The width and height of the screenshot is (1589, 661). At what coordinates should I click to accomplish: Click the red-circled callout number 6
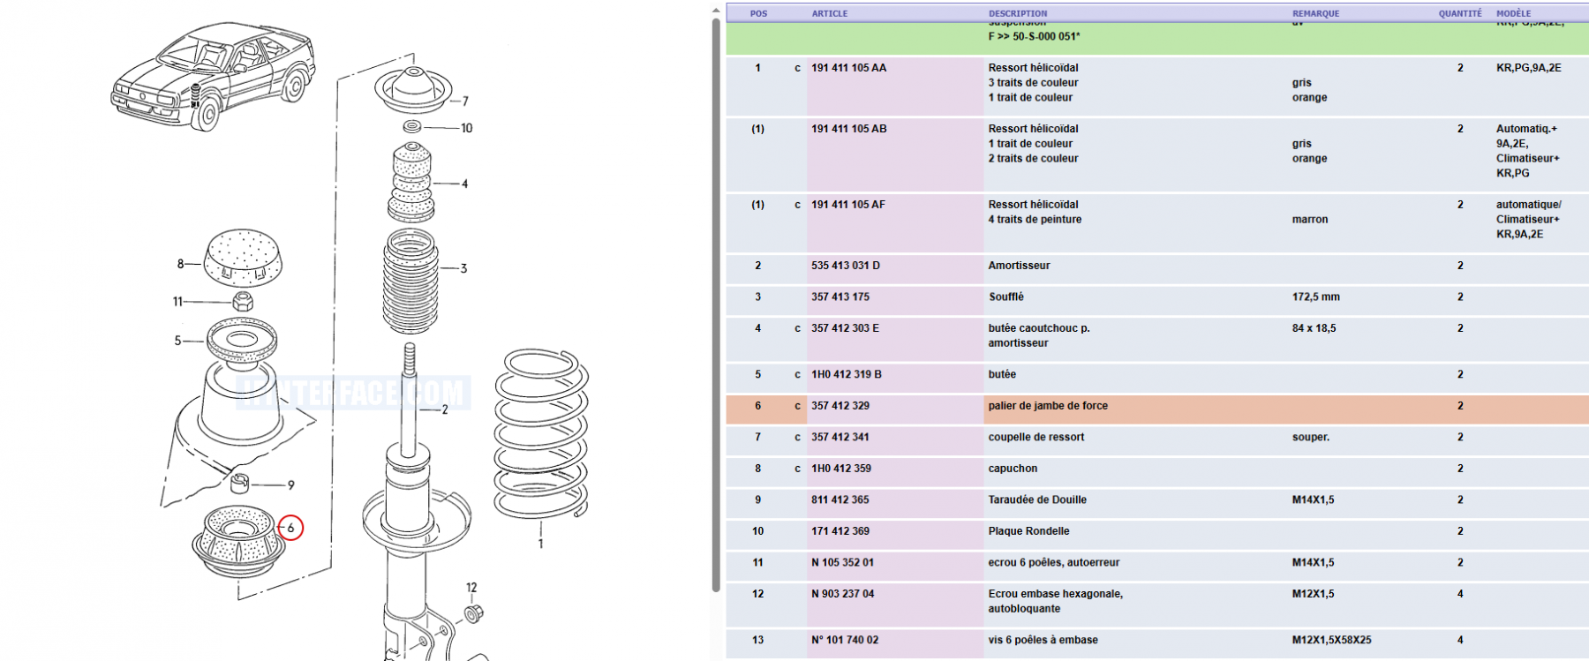coord(290,528)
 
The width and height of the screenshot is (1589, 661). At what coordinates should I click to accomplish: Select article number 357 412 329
coord(840,406)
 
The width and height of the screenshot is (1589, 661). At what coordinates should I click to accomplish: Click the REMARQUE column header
coord(1315,13)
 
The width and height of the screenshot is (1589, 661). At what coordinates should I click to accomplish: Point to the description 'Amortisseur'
coord(1019,266)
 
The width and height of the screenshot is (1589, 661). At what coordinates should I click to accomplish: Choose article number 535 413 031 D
coord(845,266)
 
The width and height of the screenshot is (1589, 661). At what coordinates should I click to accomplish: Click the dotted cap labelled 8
coord(243,259)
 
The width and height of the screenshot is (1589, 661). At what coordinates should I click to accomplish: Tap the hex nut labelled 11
coord(243,302)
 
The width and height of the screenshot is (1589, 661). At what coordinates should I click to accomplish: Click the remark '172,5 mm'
coord(1315,297)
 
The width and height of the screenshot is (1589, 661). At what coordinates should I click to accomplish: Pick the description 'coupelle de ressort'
coord(1035,437)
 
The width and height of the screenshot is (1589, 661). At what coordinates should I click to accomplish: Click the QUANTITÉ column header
coord(1460,13)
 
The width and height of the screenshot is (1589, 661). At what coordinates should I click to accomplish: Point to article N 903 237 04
coord(842,594)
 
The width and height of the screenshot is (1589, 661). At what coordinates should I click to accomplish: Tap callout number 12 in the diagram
coord(471,588)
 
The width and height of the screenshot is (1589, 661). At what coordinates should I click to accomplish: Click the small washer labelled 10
coord(412,127)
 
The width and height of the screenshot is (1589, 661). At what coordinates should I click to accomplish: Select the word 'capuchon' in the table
coord(1013,469)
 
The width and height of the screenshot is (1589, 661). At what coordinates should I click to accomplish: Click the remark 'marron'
coord(1309,220)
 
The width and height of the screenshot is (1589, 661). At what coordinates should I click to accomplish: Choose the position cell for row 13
coord(757,640)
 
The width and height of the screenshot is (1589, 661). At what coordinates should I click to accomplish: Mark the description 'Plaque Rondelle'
coord(1028,531)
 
